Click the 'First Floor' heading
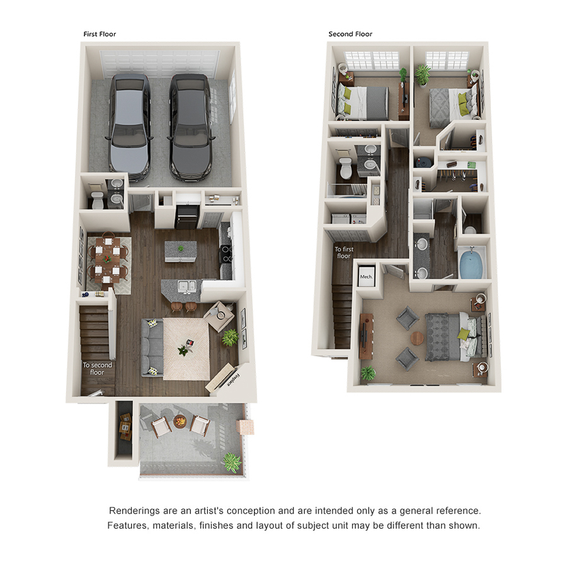100,34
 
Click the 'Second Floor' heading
350,34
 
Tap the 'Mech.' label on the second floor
366,277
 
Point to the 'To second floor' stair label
97,369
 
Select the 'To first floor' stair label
343,253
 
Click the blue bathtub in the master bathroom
471,264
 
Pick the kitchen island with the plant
180,251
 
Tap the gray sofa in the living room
151,348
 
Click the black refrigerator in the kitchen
186,217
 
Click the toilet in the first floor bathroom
97,201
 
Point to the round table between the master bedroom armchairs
417,338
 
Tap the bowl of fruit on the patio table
180,421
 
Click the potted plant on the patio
232,462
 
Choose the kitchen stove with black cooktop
226,255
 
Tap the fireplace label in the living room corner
234,381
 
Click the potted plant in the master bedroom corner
368,373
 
